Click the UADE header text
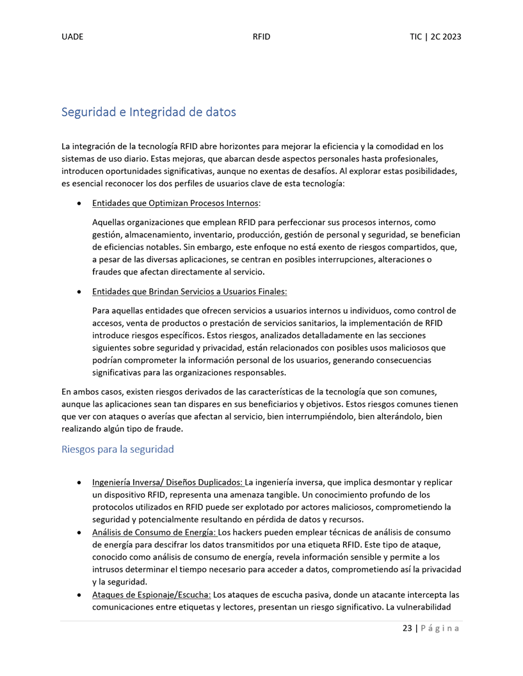pyautogui.click(x=72, y=36)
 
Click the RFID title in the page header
pyautogui.click(x=261, y=36)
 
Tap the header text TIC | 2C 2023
pyautogui.click(x=435, y=36)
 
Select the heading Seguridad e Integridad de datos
pyautogui.click(x=149, y=112)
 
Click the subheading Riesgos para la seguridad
pyautogui.click(x=117, y=449)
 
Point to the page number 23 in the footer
pyautogui.click(x=407, y=628)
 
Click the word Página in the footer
pyautogui.click(x=441, y=628)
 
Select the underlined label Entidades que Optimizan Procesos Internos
pyautogui.click(x=175, y=203)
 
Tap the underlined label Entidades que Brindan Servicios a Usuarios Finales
pyautogui.click(x=189, y=292)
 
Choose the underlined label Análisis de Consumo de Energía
pyautogui.click(x=154, y=532)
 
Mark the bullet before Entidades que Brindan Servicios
pyautogui.click(x=78, y=292)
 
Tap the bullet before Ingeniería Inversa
pyautogui.click(x=78, y=483)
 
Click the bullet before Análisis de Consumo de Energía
pyautogui.click(x=78, y=533)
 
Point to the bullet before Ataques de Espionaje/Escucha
pyautogui.click(x=78, y=595)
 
